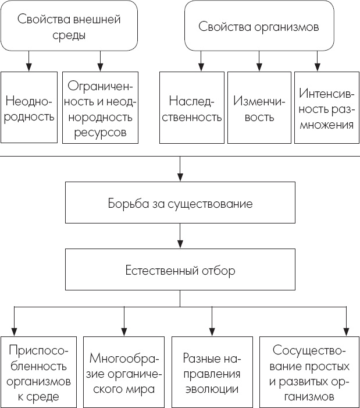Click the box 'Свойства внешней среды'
69,27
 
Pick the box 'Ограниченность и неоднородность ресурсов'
101,108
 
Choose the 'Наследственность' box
191,108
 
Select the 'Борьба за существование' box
180,204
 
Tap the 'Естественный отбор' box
180,271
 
